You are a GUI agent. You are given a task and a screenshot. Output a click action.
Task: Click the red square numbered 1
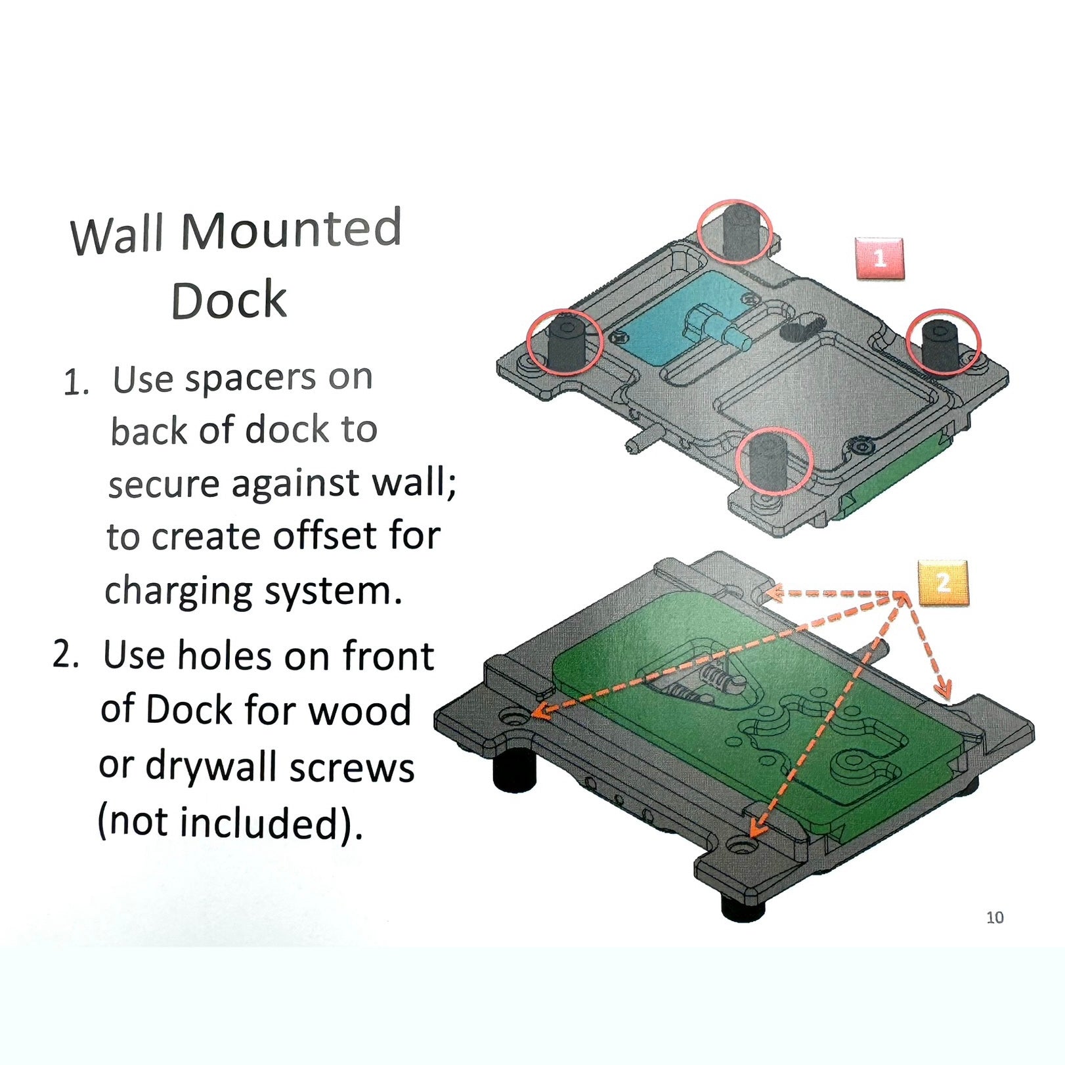(x=879, y=259)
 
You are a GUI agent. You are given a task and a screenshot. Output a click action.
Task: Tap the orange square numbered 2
(x=942, y=582)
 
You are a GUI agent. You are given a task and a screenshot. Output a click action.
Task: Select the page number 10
(x=995, y=917)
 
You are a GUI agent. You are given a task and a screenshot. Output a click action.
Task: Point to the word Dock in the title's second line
(x=228, y=301)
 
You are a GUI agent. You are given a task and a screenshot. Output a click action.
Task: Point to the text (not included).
(x=230, y=822)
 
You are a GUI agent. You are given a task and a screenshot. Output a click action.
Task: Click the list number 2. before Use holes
(x=66, y=655)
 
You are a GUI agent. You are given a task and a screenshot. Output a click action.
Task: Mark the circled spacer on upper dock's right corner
(x=943, y=339)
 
